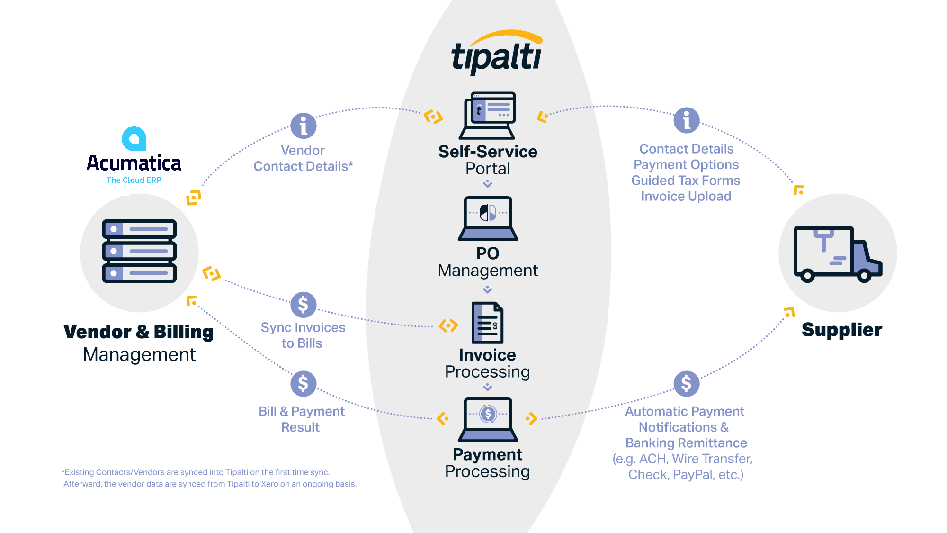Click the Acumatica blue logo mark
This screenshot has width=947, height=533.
click(x=134, y=139)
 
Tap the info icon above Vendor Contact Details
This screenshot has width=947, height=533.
click(x=303, y=126)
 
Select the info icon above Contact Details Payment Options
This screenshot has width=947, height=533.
click(x=686, y=120)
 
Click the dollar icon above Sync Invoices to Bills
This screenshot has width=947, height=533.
click(x=303, y=305)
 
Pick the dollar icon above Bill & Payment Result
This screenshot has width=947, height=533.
click(x=303, y=384)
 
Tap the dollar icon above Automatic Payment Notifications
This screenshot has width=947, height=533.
click(x=686, y=384)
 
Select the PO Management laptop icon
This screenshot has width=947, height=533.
click(x=488, y=218)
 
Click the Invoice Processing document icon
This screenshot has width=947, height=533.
click(x=487, y=323)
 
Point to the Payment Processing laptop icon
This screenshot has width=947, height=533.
click(x=488, y=419)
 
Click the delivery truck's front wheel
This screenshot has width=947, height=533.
click(x=864, y=275)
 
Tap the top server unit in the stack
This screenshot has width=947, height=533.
click(x=139, y=229)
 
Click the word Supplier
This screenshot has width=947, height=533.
click(x=841, y=330)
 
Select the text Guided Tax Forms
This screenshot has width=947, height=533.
click(x=686, y=181)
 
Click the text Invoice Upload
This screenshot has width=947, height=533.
click(x=686, y=196)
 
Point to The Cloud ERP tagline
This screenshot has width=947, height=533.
click(x=134, y=180)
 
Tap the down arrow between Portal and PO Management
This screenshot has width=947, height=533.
click(x=487, y=184)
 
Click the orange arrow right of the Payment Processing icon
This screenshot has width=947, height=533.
click(x=531, y=418)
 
